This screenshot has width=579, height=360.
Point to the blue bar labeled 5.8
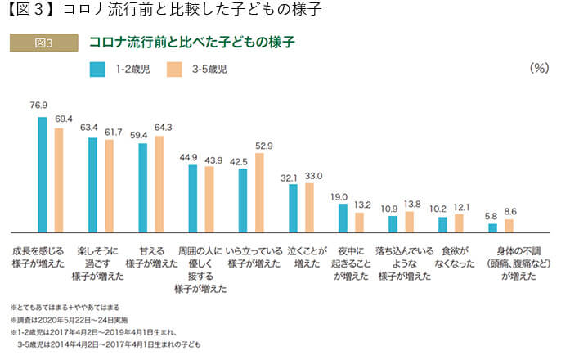492,228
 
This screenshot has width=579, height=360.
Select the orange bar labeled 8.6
509,226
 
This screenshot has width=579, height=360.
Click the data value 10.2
442,209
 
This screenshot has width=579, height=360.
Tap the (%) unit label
538,68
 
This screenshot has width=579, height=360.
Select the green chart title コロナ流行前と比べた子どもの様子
191,42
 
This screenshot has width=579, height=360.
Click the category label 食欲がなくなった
454,256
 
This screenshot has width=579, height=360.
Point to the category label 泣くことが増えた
307,256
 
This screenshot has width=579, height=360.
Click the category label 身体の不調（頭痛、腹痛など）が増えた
518,263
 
